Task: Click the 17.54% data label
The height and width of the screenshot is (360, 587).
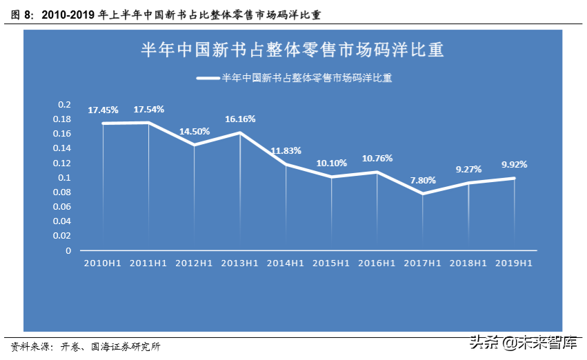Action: pos(149,109)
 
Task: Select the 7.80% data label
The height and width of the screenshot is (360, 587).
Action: pos(424,180)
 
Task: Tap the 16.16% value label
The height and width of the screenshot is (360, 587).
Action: pos(241,119)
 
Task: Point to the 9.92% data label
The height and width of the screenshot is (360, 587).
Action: pos(514,164)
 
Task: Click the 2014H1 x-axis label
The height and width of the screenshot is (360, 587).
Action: pos(286,263)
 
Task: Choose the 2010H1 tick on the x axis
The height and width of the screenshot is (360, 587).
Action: pos(103,263)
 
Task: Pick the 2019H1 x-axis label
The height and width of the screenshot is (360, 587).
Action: pos(514,263)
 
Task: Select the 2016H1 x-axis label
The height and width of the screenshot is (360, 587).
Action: pos(377,263)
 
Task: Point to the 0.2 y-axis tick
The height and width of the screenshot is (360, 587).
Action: pos(64,104)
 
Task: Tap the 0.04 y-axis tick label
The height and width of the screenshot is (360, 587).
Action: pos(63,221)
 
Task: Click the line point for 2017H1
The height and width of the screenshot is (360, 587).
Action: pos(423,194)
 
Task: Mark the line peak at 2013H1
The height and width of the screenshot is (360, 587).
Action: pos(240,132)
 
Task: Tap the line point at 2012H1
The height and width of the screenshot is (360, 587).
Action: pos(195,145)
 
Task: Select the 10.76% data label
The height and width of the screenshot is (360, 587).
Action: pos(377,158)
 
